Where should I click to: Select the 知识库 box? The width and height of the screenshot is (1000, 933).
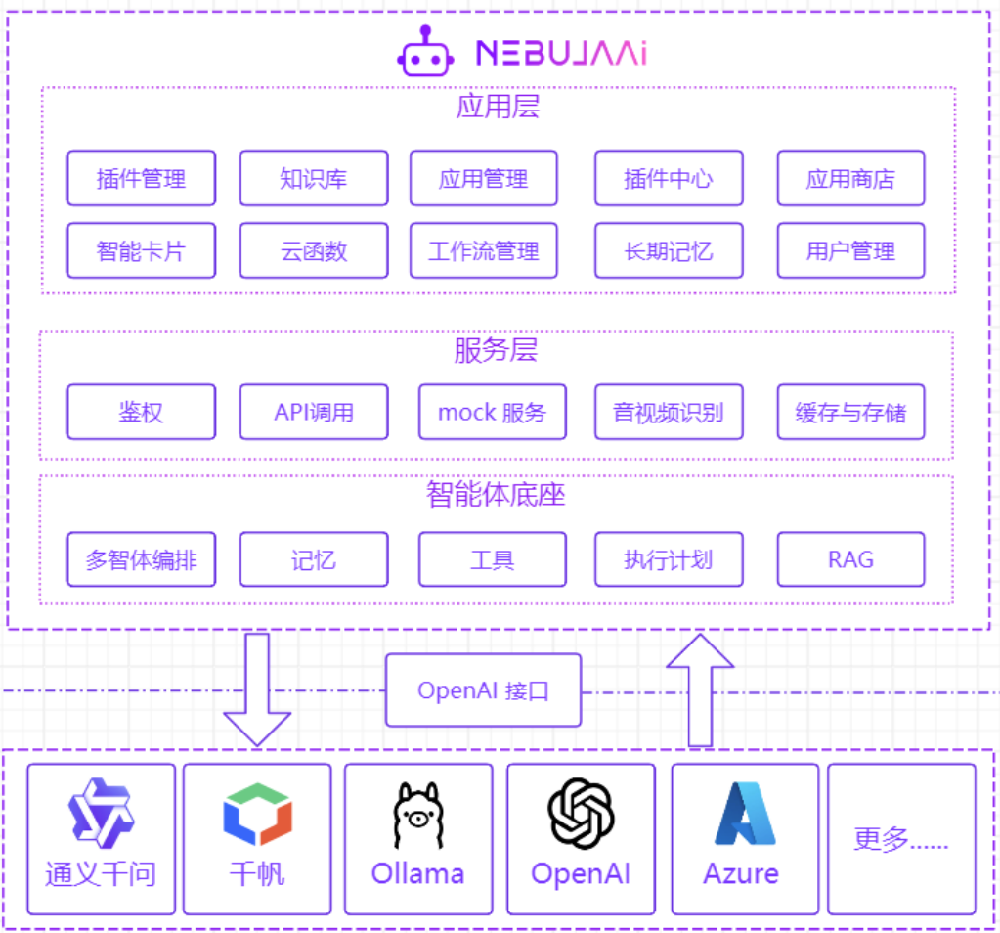point(313,178)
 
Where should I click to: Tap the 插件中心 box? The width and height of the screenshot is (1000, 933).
point(669,178)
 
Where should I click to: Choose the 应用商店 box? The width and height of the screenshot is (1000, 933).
point(850,178)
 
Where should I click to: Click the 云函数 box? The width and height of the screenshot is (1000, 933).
point(313,250)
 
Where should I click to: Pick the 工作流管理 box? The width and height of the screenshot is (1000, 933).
point(483,250)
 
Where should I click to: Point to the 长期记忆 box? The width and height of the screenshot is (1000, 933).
point(669,250)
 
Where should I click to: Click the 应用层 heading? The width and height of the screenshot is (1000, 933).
point(498,106)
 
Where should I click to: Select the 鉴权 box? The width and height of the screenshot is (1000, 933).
point(141,412)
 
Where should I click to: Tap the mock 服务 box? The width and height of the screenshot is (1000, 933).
point(492,412)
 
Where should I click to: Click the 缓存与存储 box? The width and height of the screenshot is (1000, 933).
point(850,412)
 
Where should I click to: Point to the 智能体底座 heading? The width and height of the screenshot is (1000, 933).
point(496,495)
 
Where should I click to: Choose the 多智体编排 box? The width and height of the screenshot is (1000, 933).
point(141,559)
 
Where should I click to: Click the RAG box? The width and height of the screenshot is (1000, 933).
point(850,559)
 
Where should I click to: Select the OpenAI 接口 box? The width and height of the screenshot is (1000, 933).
point(483,690)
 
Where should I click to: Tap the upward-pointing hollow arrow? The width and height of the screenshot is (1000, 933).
point(700,689)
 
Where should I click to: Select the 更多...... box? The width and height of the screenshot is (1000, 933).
point(901,839)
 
